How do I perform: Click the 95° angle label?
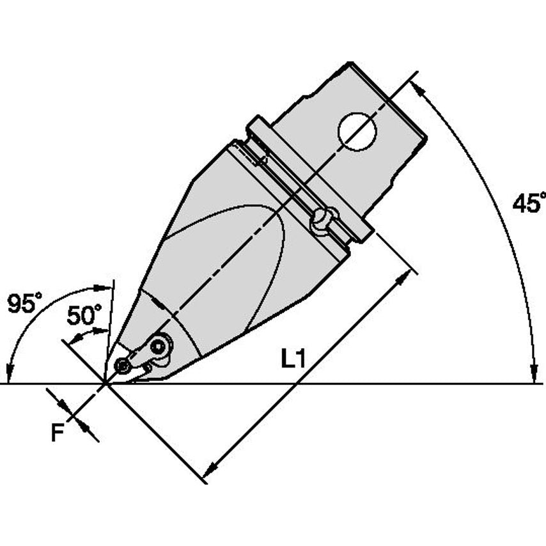[x=25, y=303]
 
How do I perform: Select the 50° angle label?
[x=84, y=315]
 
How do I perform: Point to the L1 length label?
[x=293, y=359]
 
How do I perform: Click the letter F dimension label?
[x=58, y=432]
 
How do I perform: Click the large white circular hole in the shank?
[x=357, y=132]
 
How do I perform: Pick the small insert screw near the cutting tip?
[x=123, y=366]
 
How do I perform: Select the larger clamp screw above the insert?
[x=159, y=346]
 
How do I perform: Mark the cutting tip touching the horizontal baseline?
[x=105, y=384]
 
